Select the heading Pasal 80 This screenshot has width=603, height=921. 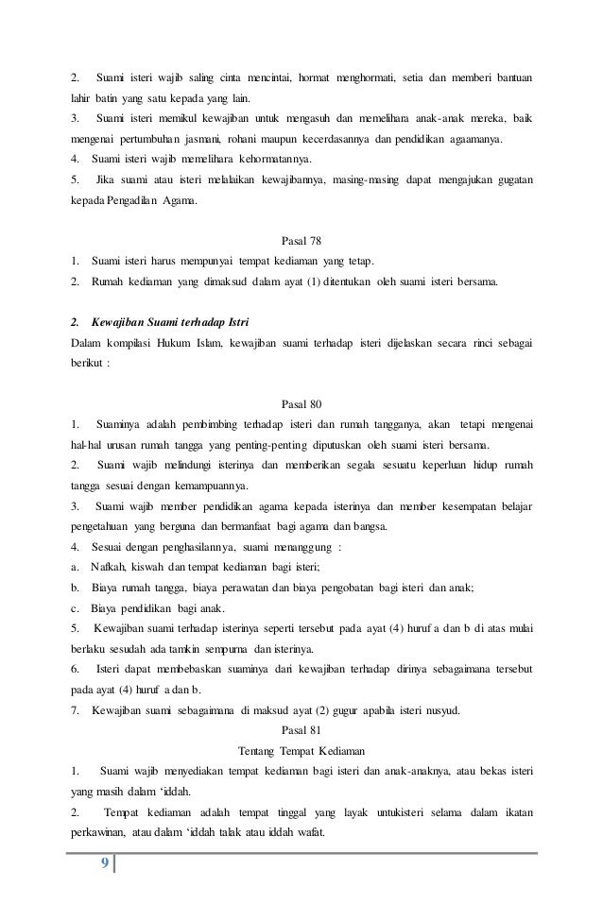click(x=301, y=400)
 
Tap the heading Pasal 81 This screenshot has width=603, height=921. click(x=301, y=728)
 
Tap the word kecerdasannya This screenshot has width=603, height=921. click(x=324, y=137)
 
